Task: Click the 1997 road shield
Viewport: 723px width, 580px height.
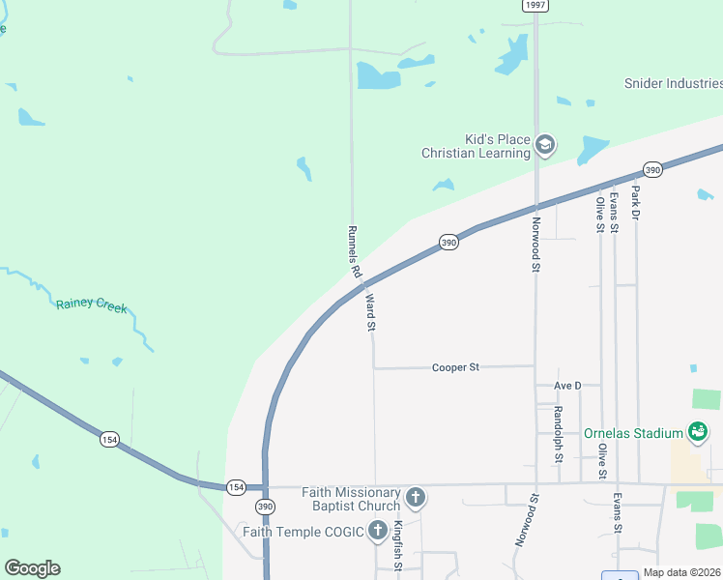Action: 536,5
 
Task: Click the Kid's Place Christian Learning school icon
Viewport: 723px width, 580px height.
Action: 544,145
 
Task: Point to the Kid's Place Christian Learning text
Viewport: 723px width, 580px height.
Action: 476,145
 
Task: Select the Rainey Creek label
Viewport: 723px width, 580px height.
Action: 91,304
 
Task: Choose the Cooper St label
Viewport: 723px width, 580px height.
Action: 455,367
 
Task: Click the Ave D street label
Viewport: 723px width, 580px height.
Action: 567,386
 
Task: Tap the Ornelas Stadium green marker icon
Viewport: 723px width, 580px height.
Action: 697,431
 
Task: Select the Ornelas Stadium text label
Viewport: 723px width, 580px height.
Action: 633,433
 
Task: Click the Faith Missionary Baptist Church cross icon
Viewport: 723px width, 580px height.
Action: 416,498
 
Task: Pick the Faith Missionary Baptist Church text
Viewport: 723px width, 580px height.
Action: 351,499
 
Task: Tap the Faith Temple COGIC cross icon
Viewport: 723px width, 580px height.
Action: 379,531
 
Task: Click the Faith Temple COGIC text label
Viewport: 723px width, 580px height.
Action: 303,532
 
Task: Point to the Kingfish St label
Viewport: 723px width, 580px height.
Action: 397,544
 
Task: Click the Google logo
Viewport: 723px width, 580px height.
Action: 32,568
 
